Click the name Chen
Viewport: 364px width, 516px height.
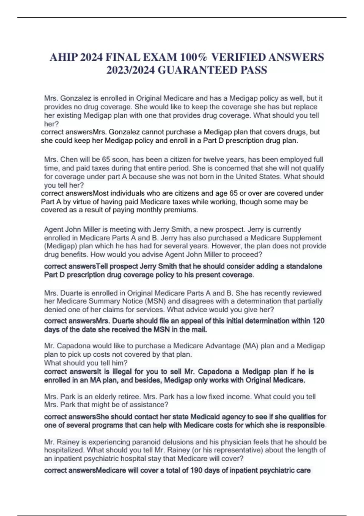click(69, 160)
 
